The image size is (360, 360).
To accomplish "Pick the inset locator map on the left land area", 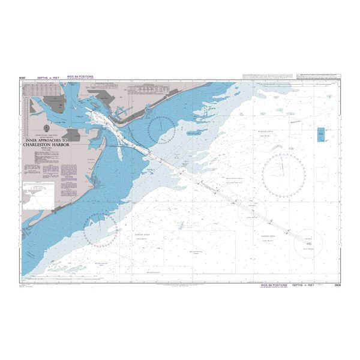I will [x=38, y=196].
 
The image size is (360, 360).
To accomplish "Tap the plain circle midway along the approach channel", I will [x=252, y=211].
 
